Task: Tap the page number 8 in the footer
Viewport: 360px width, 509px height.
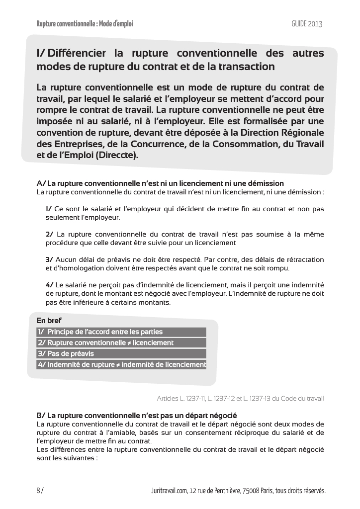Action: tap(38, 491)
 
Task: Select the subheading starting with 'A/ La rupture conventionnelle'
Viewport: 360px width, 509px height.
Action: tap(160, 183)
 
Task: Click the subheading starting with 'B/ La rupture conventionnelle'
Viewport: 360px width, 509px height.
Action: tap(137, 415)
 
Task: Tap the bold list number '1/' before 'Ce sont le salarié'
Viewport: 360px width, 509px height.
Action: tap(48, 209)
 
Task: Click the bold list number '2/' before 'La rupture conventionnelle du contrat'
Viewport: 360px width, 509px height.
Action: tap(49, 234)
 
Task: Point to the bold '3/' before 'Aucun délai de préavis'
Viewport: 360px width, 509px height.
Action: tap(49, 259)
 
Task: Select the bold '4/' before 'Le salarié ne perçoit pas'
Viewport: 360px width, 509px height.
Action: tap(49, 285)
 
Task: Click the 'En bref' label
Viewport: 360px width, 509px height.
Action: tap(49, 321)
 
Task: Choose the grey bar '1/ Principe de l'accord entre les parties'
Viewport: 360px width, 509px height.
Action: tap(121, 332)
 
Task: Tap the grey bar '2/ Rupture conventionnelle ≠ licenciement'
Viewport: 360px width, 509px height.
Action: tap(121, 342)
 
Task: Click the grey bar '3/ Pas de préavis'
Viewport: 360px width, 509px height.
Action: tap(121, 353)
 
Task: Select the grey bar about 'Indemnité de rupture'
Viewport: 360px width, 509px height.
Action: tap(121, 364)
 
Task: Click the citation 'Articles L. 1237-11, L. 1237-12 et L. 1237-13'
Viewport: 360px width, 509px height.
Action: tap(240, 398)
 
